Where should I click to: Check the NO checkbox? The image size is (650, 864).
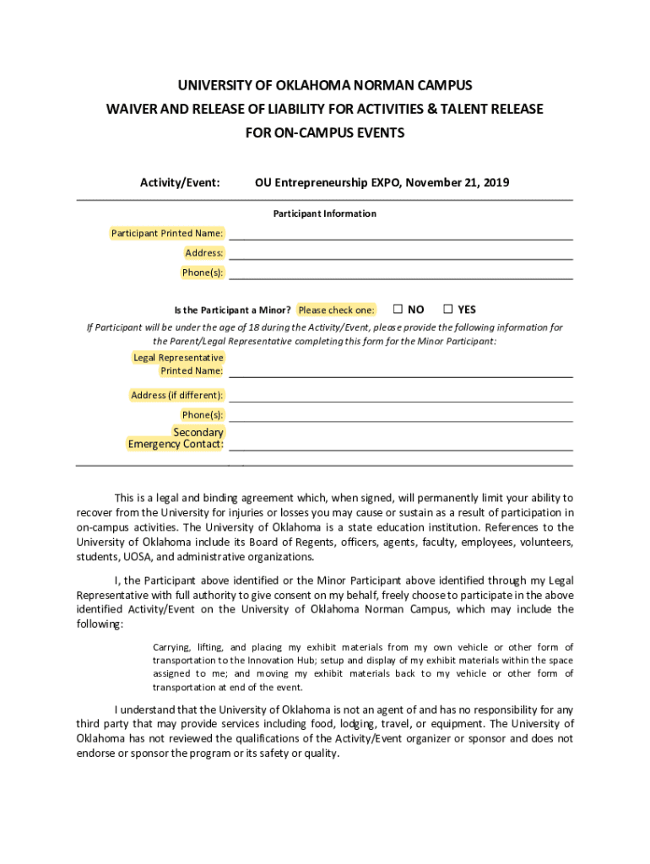[398, 310]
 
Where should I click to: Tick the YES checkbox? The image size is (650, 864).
[448, 310]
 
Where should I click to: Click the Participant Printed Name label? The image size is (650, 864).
[167, 233]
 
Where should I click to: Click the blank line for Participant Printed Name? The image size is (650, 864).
[401, 235]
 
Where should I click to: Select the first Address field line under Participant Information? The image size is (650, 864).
[401, 254]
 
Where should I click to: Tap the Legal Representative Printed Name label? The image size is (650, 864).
[178, 364]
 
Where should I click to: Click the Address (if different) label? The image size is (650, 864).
[176, 395]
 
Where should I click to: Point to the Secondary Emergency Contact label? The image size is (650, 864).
[176, 438]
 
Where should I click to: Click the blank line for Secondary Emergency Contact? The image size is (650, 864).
[401, 445]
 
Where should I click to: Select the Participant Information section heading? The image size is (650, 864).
[324, 213]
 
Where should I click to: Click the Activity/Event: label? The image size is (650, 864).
[180, 182]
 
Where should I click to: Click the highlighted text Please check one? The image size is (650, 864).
[336, 310]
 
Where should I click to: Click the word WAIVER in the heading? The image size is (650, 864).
[132, 110]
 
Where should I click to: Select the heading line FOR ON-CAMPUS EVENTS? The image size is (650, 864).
[324, 133]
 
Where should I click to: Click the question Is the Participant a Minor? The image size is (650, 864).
[232, 310]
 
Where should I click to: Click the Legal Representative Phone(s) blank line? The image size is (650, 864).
[401, 416]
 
